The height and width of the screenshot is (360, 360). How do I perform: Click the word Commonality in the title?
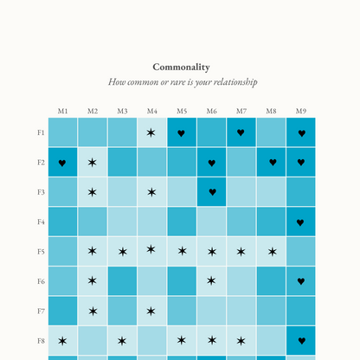point(181,67)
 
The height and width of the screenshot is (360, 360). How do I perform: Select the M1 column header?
point(62,111)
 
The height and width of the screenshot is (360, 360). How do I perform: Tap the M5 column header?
point(182,111)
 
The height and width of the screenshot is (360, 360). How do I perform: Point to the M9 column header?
point(301,111)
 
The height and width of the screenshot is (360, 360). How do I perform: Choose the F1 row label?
point(41,132)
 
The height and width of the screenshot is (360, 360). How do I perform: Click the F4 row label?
point(41,222)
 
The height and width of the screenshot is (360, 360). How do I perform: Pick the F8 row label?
point(41,340)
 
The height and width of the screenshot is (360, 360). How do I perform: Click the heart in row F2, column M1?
point(62,163)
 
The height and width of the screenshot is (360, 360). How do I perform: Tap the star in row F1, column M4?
point(151,132)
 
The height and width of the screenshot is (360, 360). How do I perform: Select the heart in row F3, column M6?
point(212,192)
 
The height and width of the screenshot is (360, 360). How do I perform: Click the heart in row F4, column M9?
point(301,222)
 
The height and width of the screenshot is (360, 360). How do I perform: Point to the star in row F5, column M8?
point(272,252)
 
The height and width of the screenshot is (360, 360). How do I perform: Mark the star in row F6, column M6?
point(212,281)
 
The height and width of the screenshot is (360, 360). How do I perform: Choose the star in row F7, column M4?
point(151,311)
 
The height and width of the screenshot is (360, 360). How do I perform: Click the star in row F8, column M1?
point(62,341)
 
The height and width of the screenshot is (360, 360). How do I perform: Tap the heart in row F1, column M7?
point(241,133)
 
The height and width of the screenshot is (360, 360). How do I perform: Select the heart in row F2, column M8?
point(272,163)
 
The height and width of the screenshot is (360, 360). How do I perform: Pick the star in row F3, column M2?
point(93,192)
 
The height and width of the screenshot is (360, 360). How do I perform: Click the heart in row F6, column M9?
point(301,281)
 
